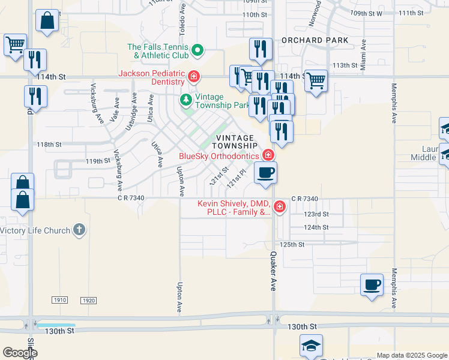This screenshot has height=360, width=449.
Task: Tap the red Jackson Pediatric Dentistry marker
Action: point(193,77)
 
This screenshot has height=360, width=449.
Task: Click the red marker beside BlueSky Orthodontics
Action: point(268,156)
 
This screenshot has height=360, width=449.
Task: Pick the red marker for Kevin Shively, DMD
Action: point(279,208)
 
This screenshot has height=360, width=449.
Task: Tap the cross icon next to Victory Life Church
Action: point(79,230)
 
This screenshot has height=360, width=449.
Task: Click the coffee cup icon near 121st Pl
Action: point(265,173)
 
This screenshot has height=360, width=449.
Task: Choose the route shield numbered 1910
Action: point(59,299)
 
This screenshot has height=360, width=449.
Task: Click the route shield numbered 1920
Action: point(88,299)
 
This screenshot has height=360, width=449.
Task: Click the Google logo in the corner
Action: point(20,353)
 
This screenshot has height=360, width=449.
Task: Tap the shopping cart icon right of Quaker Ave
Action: point(316,80)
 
